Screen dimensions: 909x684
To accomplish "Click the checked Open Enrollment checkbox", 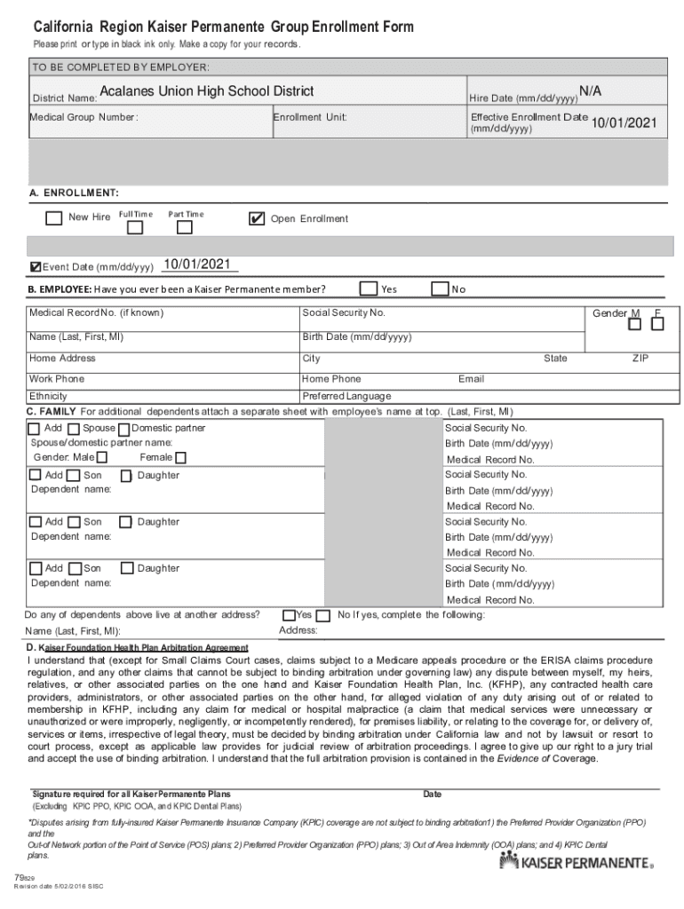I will [x=257, y=218].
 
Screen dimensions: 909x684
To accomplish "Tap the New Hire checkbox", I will [x=53, y=217].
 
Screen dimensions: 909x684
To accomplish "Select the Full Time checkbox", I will [x=135, y=227].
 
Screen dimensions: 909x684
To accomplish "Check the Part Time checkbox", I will [x=185, y=227].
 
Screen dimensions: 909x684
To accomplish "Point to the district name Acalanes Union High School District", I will [x=207, y=91].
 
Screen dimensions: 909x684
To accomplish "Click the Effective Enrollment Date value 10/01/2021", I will [x=624, y=123].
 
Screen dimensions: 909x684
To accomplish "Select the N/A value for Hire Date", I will [x=590, y=91].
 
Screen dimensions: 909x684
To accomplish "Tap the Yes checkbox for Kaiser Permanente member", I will [x=368, y=289].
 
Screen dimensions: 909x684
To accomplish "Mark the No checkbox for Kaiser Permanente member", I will [x=439, y=289].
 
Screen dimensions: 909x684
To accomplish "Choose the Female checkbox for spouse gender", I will [x=180, y=458].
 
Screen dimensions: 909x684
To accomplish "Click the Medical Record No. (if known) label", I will [x=96, y=313].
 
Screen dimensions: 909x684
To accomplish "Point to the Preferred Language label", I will [x=346, y=396].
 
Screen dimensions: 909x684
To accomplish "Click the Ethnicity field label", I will [x=48, y=396].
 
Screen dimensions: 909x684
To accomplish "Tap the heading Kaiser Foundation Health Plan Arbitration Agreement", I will [x=142, y=647].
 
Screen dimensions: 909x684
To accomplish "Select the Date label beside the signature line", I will [x=432, y=794].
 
